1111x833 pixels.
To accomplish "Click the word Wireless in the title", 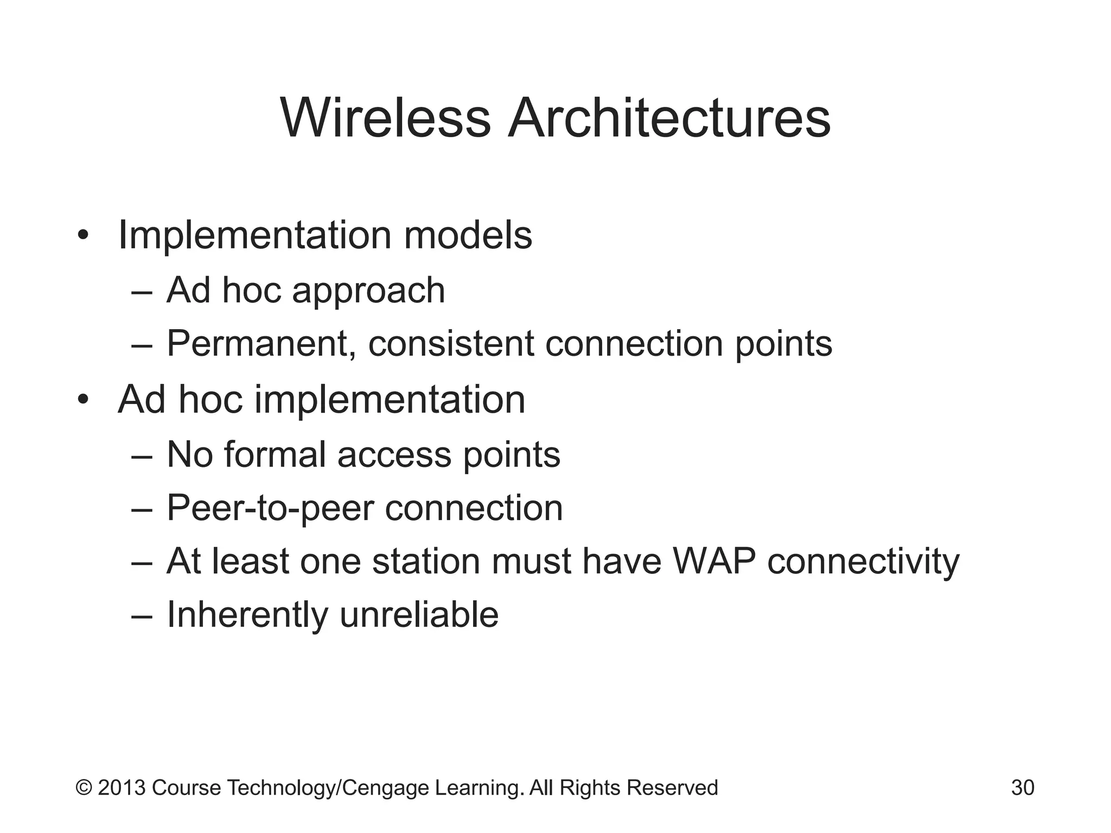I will pyautogui.click(x=386, y=118).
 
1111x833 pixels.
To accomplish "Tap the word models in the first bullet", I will pyautogui.click(x=468, y=235).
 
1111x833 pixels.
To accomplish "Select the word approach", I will pyautogui.click(x=368, y=291).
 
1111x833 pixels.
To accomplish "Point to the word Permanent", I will pyautogui.click(x=261, y=344).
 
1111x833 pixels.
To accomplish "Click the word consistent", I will pyautogui.click(x=451, y=344).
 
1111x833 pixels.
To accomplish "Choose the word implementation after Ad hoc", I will pyautogui.click(x=390, y=400).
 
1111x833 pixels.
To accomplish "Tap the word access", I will pyautogui.click(x=394, y=454).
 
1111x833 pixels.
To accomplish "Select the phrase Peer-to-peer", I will pyautogui.click(x=270, y=509).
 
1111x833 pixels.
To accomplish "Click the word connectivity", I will pyautogui.click(x=863, y=561).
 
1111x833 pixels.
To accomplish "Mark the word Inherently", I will pyautogui.click(x=247, y=615).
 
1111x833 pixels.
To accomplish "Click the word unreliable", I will pyautogui.click(x=419, y=615).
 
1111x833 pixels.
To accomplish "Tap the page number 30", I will pyautogui.click(x=1023, y=787).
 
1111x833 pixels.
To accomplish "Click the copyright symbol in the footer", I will pyautogui.click(x=84, y=787).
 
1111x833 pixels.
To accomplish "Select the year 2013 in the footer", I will pyautogui.click(x=122, y=787).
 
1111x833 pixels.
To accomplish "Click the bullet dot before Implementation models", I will pyautogui.click(x=82, y=236).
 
